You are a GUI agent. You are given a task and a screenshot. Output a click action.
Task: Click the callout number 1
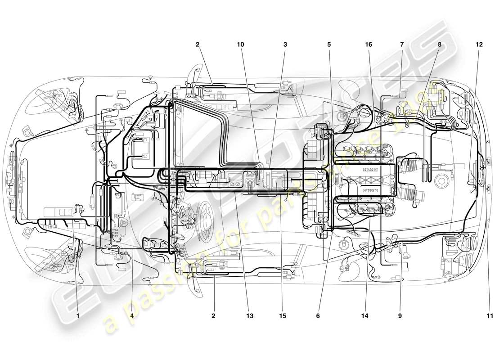pyautogui.click(x=78, y=316)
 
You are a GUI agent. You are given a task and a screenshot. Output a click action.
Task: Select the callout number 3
pyautogui.click(x=285, y=45)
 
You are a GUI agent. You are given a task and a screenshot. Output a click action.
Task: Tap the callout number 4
pyautogui.click(x=132, y=316)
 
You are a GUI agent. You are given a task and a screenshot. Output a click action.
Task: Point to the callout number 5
pyautogui.click(x=329, y=45)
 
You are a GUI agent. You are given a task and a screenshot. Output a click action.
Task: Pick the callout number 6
pyautogui.click(x=318, y=316)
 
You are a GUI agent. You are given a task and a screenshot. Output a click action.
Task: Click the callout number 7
pyautogui.click(x=402, y=45)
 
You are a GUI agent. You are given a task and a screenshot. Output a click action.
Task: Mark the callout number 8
pyautogui.click(x=439, y=45)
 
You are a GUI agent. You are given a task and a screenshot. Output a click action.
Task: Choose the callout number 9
pyautogui.click(x=400, y=316)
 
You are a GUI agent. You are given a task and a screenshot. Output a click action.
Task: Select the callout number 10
pyautogui.click(x=241, y=45)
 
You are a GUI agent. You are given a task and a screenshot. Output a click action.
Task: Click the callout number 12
pyautogui.click(x=478, y=45)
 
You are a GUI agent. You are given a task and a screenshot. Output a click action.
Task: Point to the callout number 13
pyautogui.click(x=250, y=316)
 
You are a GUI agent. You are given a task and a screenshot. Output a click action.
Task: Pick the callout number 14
pyautogui.click(x=364, y=316)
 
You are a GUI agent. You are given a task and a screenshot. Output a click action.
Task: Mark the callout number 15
pyautogui.click(x=282, y=316)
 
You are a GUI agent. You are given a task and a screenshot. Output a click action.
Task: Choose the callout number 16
pyautogui.click(x=369, y=45)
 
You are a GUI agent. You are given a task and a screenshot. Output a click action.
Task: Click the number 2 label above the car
pyautogui.click(x=197, y=45)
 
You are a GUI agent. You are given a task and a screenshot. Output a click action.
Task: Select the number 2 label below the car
pyautogui.click(x=213, y=316)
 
